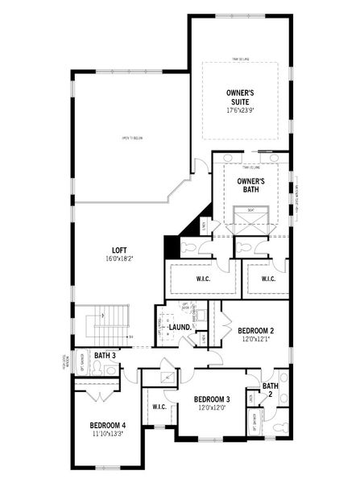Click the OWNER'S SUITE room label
pos(240,98)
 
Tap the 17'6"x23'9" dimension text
pos(240,110)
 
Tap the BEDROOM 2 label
pos(256,331)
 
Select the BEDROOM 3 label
pos(212,399)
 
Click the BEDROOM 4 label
pos(107,425)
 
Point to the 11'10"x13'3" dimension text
pos(107,435)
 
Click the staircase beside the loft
pos(107,324)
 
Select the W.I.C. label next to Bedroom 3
pos(159,407)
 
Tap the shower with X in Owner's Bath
pos(250,220)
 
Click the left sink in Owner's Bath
pos(226,158)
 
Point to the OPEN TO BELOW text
pos(132,138)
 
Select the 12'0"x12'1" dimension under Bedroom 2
pos(256,341)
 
